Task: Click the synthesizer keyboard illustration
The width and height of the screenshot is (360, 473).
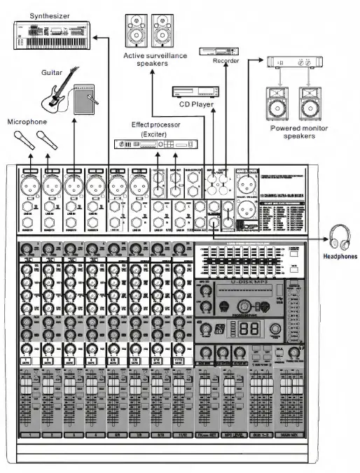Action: [x=50, y=35]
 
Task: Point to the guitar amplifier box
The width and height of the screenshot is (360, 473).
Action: [x=87, y=98]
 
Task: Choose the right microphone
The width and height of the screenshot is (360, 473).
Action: [x=47, y=139]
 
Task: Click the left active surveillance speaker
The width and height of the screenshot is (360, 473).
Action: [x=135, y=31]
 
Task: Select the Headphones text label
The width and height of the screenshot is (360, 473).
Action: [x=340, y=257]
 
